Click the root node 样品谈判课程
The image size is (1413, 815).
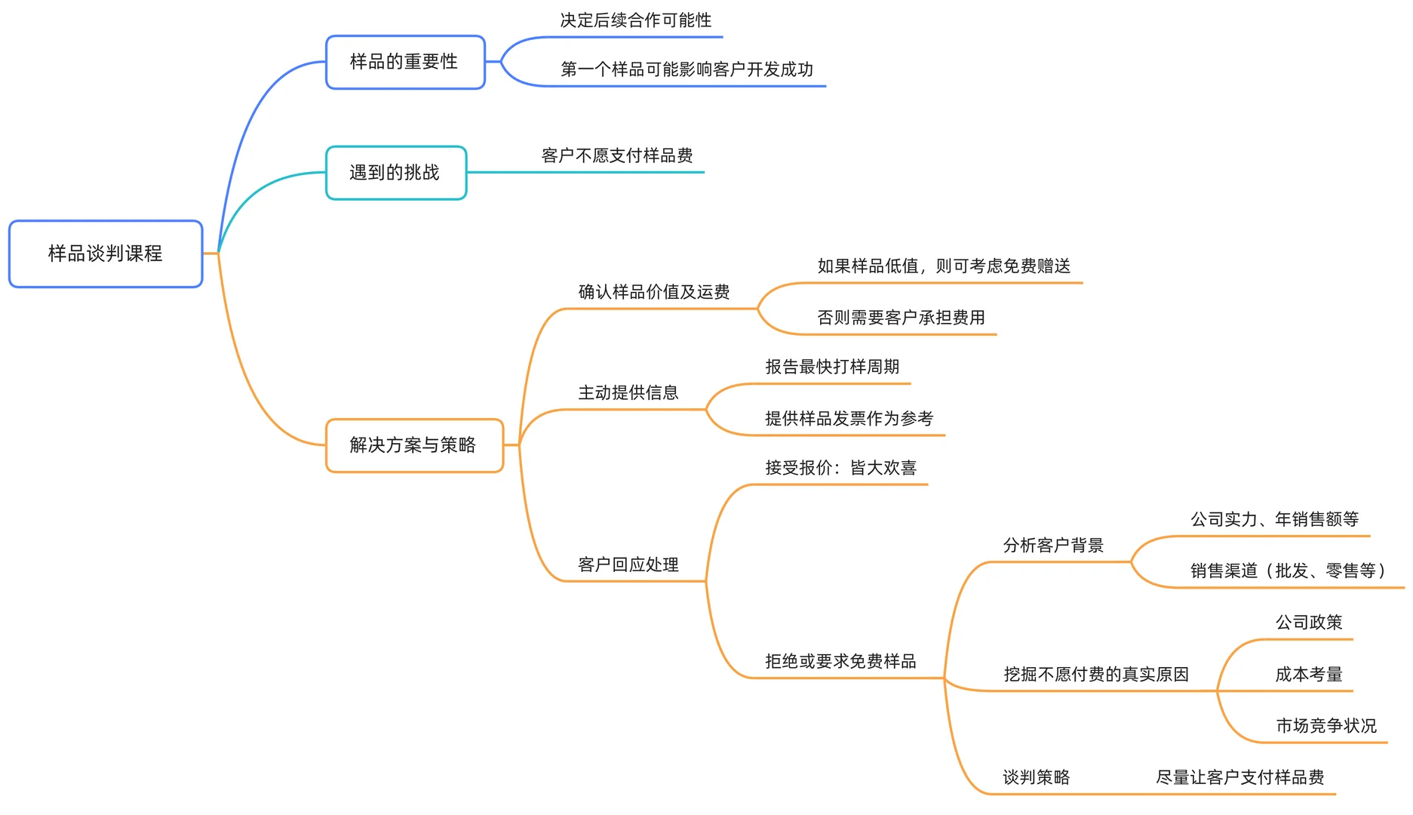pos(106,254)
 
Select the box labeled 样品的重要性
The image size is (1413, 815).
pos(404,62)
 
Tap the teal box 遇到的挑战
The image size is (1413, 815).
pos(395,173)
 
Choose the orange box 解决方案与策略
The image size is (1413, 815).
pos(413,445)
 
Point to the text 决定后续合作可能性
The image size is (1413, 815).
pos(636,20)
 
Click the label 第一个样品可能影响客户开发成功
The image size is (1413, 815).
pos(687,69)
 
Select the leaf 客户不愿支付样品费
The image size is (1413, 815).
pos(617,155)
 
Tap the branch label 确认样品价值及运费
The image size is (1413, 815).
pos(654,292)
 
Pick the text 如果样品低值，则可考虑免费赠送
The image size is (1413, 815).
pos(944,266)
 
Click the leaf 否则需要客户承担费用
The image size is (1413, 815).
pos(901,318)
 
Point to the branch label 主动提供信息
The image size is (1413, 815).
pos(628,392)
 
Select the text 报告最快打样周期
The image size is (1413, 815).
pos(832,367)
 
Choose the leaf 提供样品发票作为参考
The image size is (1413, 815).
pos(849,419)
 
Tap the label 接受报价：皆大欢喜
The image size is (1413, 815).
pos(840,468)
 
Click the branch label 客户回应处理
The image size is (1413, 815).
pos(628,564)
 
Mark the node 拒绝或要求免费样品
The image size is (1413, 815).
pos(840,661)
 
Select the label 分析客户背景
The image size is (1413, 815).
pos(1053,545)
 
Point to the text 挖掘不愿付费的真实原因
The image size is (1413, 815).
pos(1095,674)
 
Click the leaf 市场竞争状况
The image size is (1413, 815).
pos(1325,726)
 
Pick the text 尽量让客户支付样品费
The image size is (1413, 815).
pos(1239,777)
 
